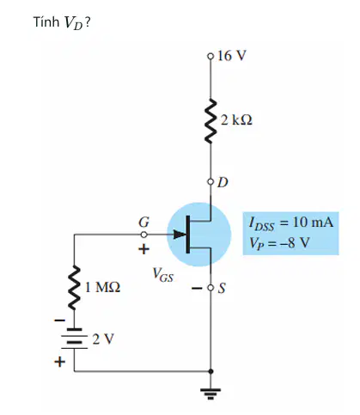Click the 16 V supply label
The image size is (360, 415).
(232, 56)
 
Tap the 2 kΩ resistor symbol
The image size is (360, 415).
(211, 120)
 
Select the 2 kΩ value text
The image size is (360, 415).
(236, 120)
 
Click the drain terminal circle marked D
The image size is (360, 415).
(211, 181)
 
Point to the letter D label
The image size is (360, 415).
(223, 182)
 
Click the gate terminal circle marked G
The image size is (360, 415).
(144, 235)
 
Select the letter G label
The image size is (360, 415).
(143, 222)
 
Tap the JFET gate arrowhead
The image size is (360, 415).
(180, 235)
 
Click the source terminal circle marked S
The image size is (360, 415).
(211, 287)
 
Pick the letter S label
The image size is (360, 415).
(222, 288)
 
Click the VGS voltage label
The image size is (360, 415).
(162, 275)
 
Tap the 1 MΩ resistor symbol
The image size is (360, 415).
(75, 287)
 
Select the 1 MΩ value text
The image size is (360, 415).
(103, 287)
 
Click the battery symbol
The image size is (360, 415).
(75, 339)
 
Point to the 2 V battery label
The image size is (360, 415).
(103, 339)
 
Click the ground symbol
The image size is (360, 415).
(211, 394)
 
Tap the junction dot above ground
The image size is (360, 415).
(211, 371)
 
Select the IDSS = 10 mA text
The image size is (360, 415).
(291, 223)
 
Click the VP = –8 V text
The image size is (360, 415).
(279, 243)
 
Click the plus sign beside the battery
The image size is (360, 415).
(60, 362)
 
